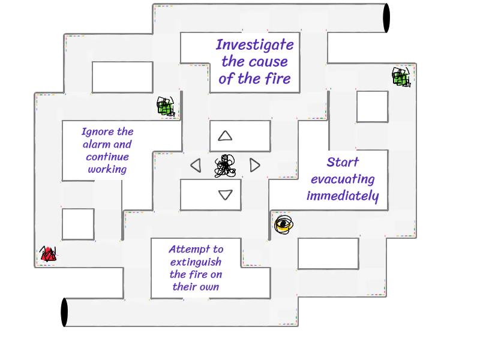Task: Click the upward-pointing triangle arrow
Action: pos(225,136)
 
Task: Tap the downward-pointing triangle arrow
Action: pos(225,194)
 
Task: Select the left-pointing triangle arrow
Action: pos(196,165)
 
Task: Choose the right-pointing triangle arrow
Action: pos(254,165)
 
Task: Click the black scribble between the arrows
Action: pos(225,166)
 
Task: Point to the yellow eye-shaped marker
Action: pos(283,225)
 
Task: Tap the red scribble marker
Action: pos(48,254)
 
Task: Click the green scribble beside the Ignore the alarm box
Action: pos(166,107)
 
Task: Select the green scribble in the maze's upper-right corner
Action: pos(401,77)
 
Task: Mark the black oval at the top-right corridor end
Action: pos(386,18)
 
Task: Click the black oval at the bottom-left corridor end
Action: pos(65,312)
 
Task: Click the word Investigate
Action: pos(254,45)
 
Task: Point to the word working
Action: pos(107,169)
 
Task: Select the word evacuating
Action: pos(343,179)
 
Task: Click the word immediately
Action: pos(343,196)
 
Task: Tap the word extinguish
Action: pos(196,262)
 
